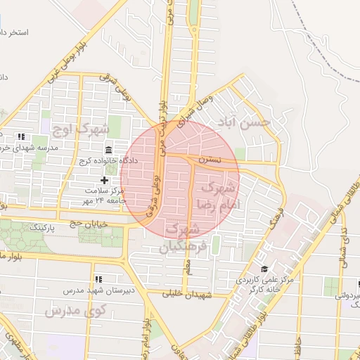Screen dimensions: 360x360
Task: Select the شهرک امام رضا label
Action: (221, 195)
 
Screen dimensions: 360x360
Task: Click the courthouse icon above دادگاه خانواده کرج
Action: (109, 150)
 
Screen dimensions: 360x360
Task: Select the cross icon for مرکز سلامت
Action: (104, 181)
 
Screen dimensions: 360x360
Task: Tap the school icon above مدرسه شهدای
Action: (22, 136)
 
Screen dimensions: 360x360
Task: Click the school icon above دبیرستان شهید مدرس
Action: (98, 279)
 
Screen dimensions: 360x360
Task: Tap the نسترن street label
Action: (210, 161)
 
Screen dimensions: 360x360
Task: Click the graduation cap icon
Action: (264, 269)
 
